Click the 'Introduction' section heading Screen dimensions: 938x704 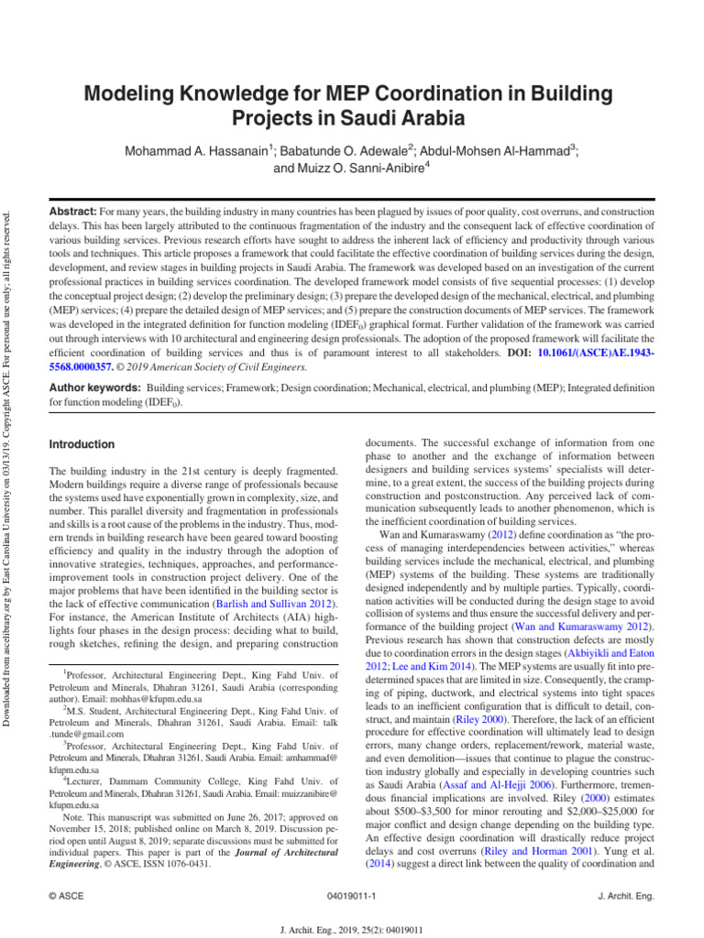click(82, 444)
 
